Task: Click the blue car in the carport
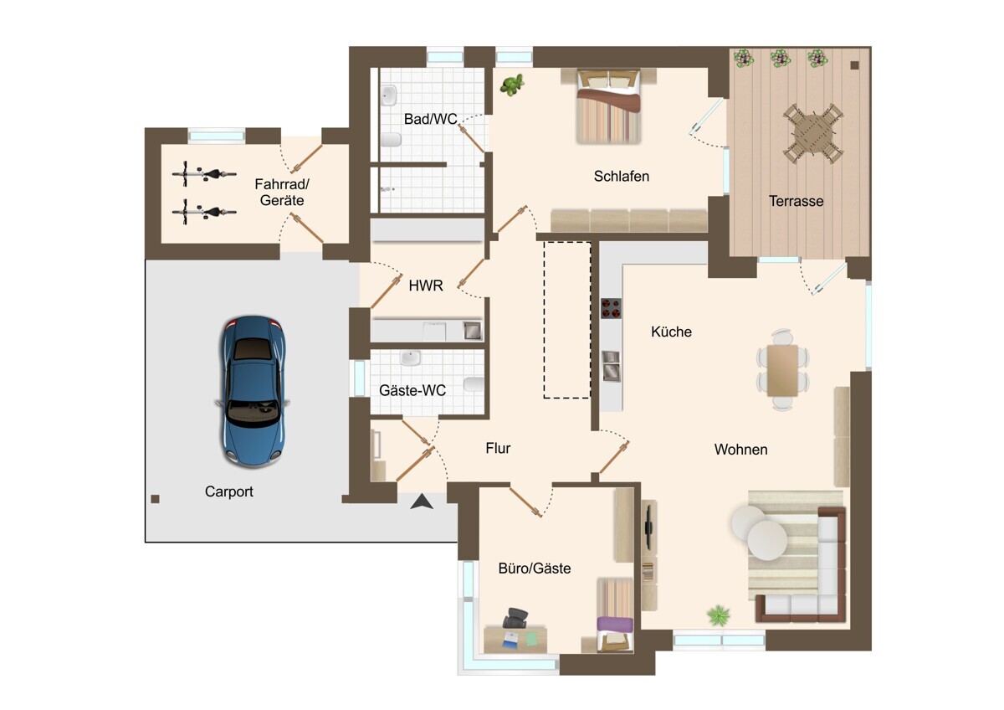tap(253, 391)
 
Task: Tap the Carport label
tap(228, 491)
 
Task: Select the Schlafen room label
tap(621, 177)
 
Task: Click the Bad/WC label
tap(430, 119)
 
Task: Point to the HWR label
tap(426, 286)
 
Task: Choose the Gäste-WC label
tap(412, 390)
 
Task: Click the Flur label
tap(498, 448)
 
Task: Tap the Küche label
tap(671, 332)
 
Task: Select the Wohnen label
tap(740, 450)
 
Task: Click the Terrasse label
tap(796, 201)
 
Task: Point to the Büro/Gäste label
tap(535, 569)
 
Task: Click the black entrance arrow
tap(422, 502)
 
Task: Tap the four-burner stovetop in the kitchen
tap(611, 308)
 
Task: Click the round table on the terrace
tap(813, 134)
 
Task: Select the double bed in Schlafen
tap(608, 106)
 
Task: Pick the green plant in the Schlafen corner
tap(512, 85)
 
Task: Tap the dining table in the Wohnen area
tap(782, 370)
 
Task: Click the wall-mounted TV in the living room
tap(648, 525)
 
